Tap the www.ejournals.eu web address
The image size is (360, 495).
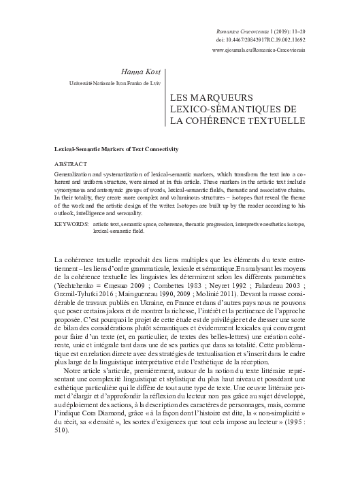[259, 50]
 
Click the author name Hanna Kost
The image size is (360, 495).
[143, 71]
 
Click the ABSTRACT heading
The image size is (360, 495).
[70, 165]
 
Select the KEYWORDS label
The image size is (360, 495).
[72, 223]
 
